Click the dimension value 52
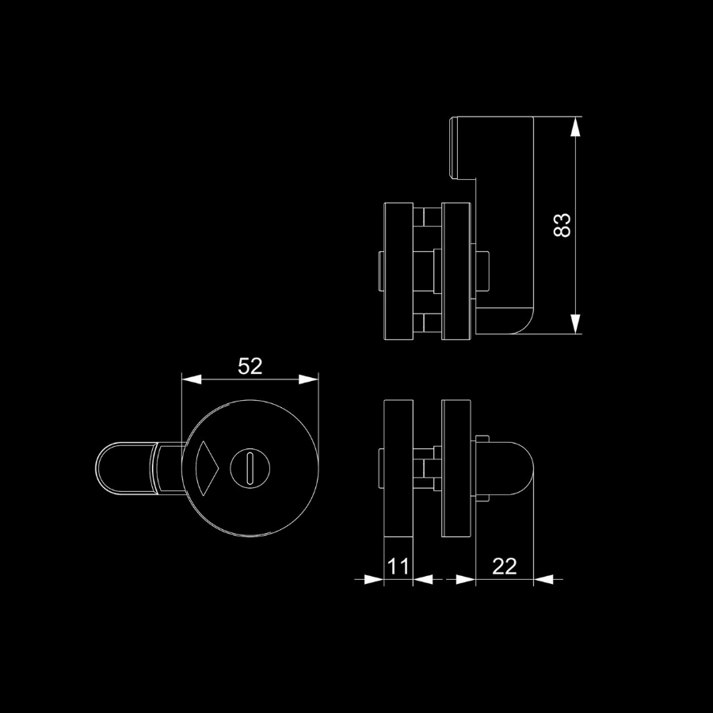pyautogui.click(x=250, y=366)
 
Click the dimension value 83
pyautogui.click(x=562, y=225)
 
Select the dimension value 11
pyautogui.click(x=398, y=566)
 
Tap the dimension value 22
pyautogui.click(x=505, y=566)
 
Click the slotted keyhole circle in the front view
pyautogui.click(x=250, y=468)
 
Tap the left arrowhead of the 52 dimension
pyautogui.click(x=192, y=379)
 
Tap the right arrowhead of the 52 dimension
pyautogui.click(x=308, y=379)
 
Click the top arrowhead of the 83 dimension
pyautogui.click(x=575, y=127)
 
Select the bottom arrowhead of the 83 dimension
pyautogui.click(x=575, y=324)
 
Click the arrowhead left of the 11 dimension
pyautogui.click(x=374, y=579)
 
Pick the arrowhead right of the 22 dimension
pyautogui.click(x=543, y=579)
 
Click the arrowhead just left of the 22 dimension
pyautogui.click(x=466, y=579)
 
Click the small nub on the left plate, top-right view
pyautogui.click(x=381, y=271)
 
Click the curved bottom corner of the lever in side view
pyautogui.click(x=523, y=324)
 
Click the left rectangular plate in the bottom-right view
pyautogui.click(x=398, y=468)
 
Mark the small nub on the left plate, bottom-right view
pyautogui.click(x=381, y=468)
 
